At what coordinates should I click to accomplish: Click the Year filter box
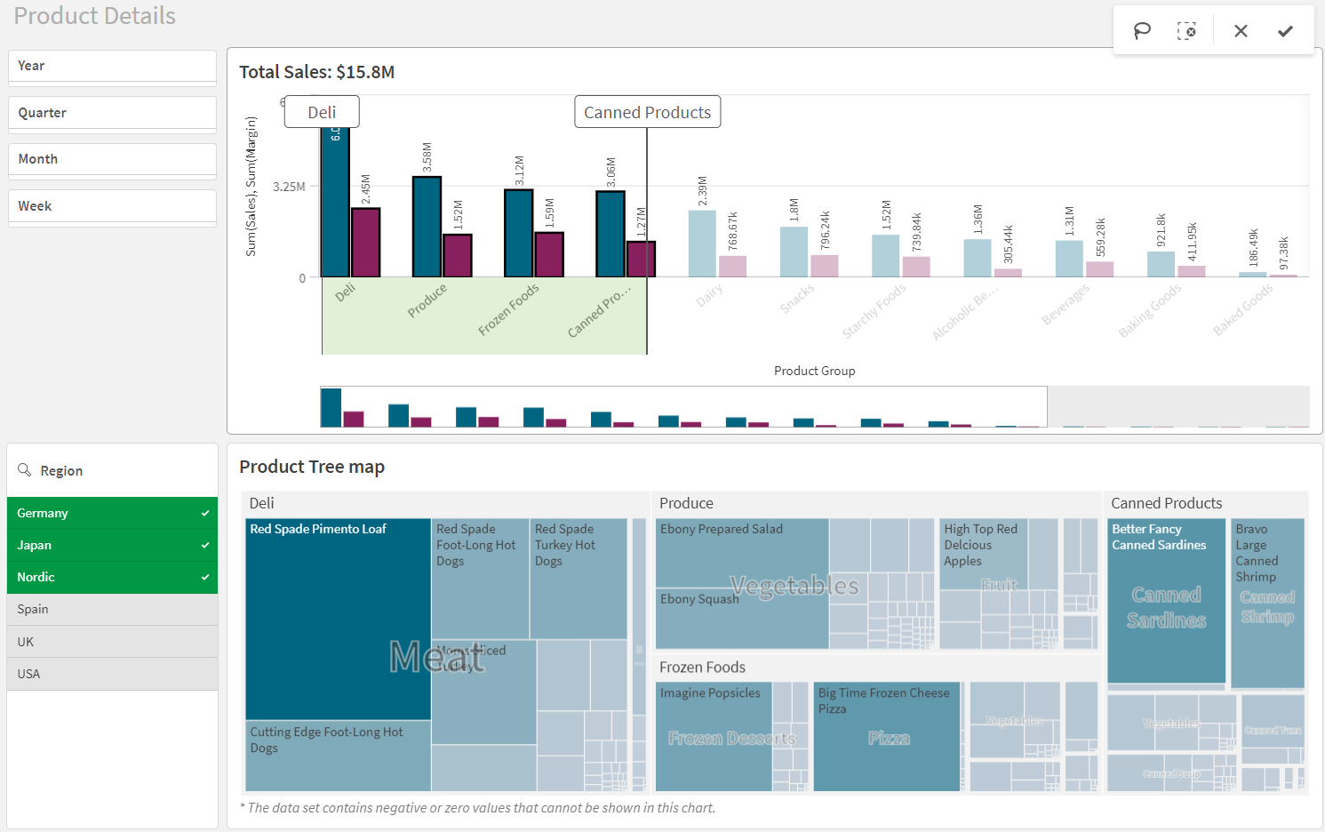[112, 67]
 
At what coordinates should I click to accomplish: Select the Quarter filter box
[112, 114]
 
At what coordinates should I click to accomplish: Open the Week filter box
[112, 206]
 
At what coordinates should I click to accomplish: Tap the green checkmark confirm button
[1285, 31]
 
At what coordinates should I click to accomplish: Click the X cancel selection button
[1241, 31]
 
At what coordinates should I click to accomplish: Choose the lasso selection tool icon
[1142, 31]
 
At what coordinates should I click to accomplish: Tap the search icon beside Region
[25, 470]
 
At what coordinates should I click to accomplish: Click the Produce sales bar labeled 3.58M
[427, 227]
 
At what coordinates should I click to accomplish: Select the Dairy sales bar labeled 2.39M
[701, 244]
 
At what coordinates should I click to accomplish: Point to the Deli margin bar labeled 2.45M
[365, 243]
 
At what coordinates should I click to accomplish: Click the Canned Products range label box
[647, 112]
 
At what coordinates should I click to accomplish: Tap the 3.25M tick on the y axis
[289, 187]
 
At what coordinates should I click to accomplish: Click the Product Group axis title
[814, 371]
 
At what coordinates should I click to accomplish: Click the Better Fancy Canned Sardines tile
[1166, 600]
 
